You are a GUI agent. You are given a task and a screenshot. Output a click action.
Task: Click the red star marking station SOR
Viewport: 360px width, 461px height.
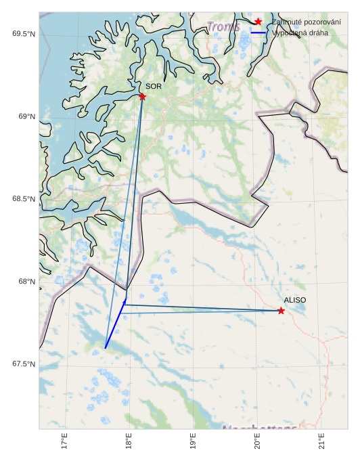142,97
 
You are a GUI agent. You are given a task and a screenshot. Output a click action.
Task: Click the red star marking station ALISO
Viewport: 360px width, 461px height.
281,311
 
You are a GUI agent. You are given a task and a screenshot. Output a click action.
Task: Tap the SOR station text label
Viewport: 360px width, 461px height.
154,87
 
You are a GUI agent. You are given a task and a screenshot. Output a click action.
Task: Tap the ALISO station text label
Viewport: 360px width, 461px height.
294,300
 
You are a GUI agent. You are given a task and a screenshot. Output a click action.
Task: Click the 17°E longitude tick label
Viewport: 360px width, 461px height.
64,441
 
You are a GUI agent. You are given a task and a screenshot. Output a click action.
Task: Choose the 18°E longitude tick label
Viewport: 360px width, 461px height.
129,441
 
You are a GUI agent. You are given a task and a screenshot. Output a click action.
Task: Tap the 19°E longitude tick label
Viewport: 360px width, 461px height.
193,441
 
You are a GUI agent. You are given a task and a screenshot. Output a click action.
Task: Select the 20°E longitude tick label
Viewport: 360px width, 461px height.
257,441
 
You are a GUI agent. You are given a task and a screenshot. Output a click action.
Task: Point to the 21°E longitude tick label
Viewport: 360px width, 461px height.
321,441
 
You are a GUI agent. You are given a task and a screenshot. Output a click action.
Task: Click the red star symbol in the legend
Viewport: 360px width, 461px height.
258,22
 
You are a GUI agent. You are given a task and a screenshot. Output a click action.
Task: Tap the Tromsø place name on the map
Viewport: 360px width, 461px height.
224,27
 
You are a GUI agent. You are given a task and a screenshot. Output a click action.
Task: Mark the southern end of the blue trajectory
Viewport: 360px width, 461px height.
106,348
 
